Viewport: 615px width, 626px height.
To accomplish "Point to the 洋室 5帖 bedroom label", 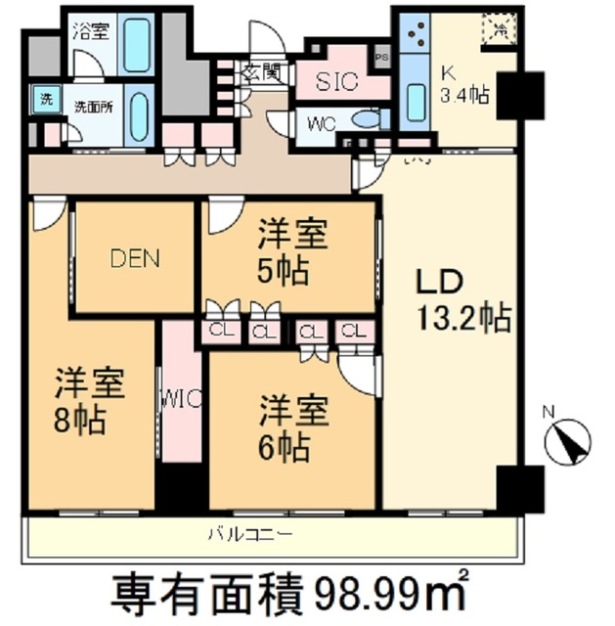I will pyautogui.click(x=292, y=252).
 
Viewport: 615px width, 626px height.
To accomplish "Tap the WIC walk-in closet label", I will pyautogui.click(x=180, y=399).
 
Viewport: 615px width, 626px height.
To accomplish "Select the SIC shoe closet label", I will pyautogui.click(x=337, y=83).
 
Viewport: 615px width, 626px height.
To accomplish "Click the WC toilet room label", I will pyautogui.click(x=322, y=124).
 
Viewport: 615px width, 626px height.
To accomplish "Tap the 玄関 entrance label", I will pyautogui.click(x=263, y=71).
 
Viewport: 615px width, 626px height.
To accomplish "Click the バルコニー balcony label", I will pyautogui.click(x=249, y=533).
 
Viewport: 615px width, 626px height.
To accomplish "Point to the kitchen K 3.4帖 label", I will pyautogui.click(x=463, y=84).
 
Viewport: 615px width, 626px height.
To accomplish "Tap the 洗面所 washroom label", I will pyautogui.click(x=94, y=107).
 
